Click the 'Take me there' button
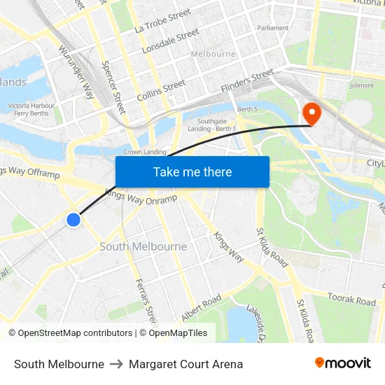click(x=192, y=171)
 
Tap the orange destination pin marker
click(x=309, y=113)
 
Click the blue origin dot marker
click(x=73, y=220)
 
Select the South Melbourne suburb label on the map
click(x=143, y=246)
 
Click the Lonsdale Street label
click(x=171, y=42)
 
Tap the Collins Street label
click(x=162, y=89)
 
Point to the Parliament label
click(x=273, y=28)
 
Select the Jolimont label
click(x=361, y=85)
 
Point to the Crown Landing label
click(x=145, y=152)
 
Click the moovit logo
click(x=343, y=363)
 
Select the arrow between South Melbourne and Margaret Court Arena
click(x=116, y=364)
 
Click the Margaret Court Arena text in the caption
click(x=185, y=364)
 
